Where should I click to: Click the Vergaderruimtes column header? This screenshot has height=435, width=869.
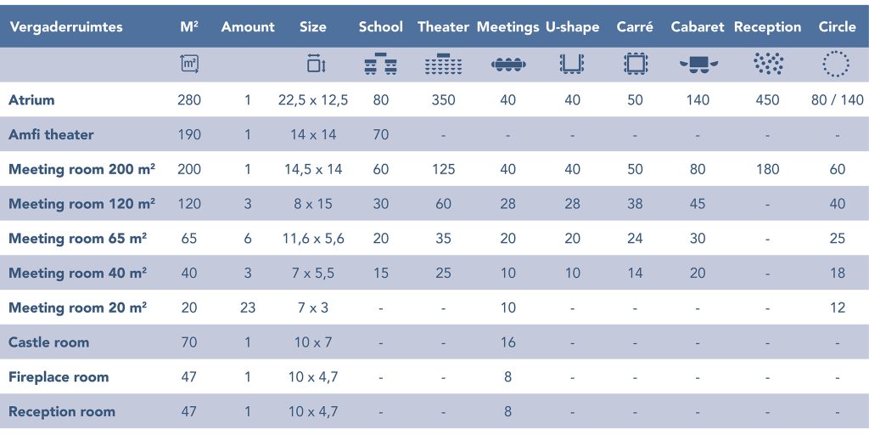tap(66, 26)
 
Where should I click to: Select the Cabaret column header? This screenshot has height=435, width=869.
tap(698, 26)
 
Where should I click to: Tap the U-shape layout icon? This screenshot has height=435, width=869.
tap(572, 65)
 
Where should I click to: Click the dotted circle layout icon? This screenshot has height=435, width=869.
tap(836, 65)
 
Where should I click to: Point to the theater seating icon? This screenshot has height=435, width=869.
tap(443, 65)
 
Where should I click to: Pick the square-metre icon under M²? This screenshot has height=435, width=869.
tap(189, 65)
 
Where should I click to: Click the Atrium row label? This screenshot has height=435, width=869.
tap(31, 100)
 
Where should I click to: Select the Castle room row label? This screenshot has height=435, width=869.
tap(48, 342)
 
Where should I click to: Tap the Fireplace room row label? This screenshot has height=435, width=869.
tap(59, 377)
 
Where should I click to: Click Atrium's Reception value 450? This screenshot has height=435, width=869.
tap(767, 100)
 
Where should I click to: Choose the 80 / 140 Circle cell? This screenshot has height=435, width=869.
tap(837, 100)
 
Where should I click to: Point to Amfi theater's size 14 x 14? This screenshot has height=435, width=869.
tap(313, 135)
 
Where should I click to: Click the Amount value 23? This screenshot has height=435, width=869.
tap(248, 308)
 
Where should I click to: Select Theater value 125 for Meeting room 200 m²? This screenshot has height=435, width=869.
tap(443, 169)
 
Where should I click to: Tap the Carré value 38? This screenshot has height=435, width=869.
tap(635, 204)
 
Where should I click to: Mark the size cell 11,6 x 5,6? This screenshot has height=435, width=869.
tap(313, 239)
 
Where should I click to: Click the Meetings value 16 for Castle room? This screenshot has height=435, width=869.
tap(507, 342)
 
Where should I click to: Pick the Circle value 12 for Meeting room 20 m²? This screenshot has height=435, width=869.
tap(837, 308)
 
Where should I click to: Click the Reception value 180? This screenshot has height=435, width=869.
tap(767, 169)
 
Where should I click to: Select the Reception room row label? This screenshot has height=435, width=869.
tap(62, 412)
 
